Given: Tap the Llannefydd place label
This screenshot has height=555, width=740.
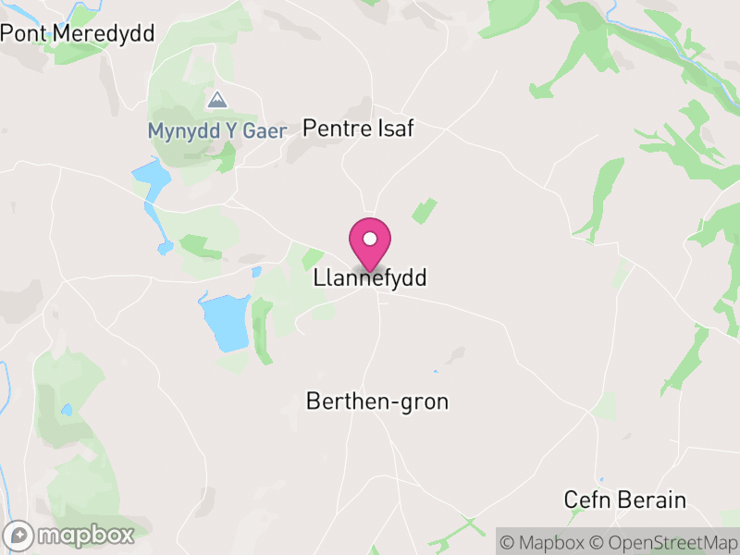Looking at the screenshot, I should tap(370, 277).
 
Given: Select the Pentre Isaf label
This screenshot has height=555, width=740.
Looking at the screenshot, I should tap(359, 129).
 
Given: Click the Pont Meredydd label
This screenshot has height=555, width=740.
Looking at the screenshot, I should tap(78, 33).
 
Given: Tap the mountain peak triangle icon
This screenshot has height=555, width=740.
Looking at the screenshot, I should tap(217, 100).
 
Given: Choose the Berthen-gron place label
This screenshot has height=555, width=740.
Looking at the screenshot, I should tap(377, 402).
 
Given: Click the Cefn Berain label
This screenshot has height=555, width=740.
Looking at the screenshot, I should tap(625, 500).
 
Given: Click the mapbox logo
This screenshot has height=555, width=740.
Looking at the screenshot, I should tap(70, 535).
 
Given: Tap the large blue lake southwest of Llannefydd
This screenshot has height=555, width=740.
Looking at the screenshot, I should tap(225, 319).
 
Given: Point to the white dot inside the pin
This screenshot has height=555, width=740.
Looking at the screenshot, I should tap(370, 238).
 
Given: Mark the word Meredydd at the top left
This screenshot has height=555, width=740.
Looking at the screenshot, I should tap(104, 33).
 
